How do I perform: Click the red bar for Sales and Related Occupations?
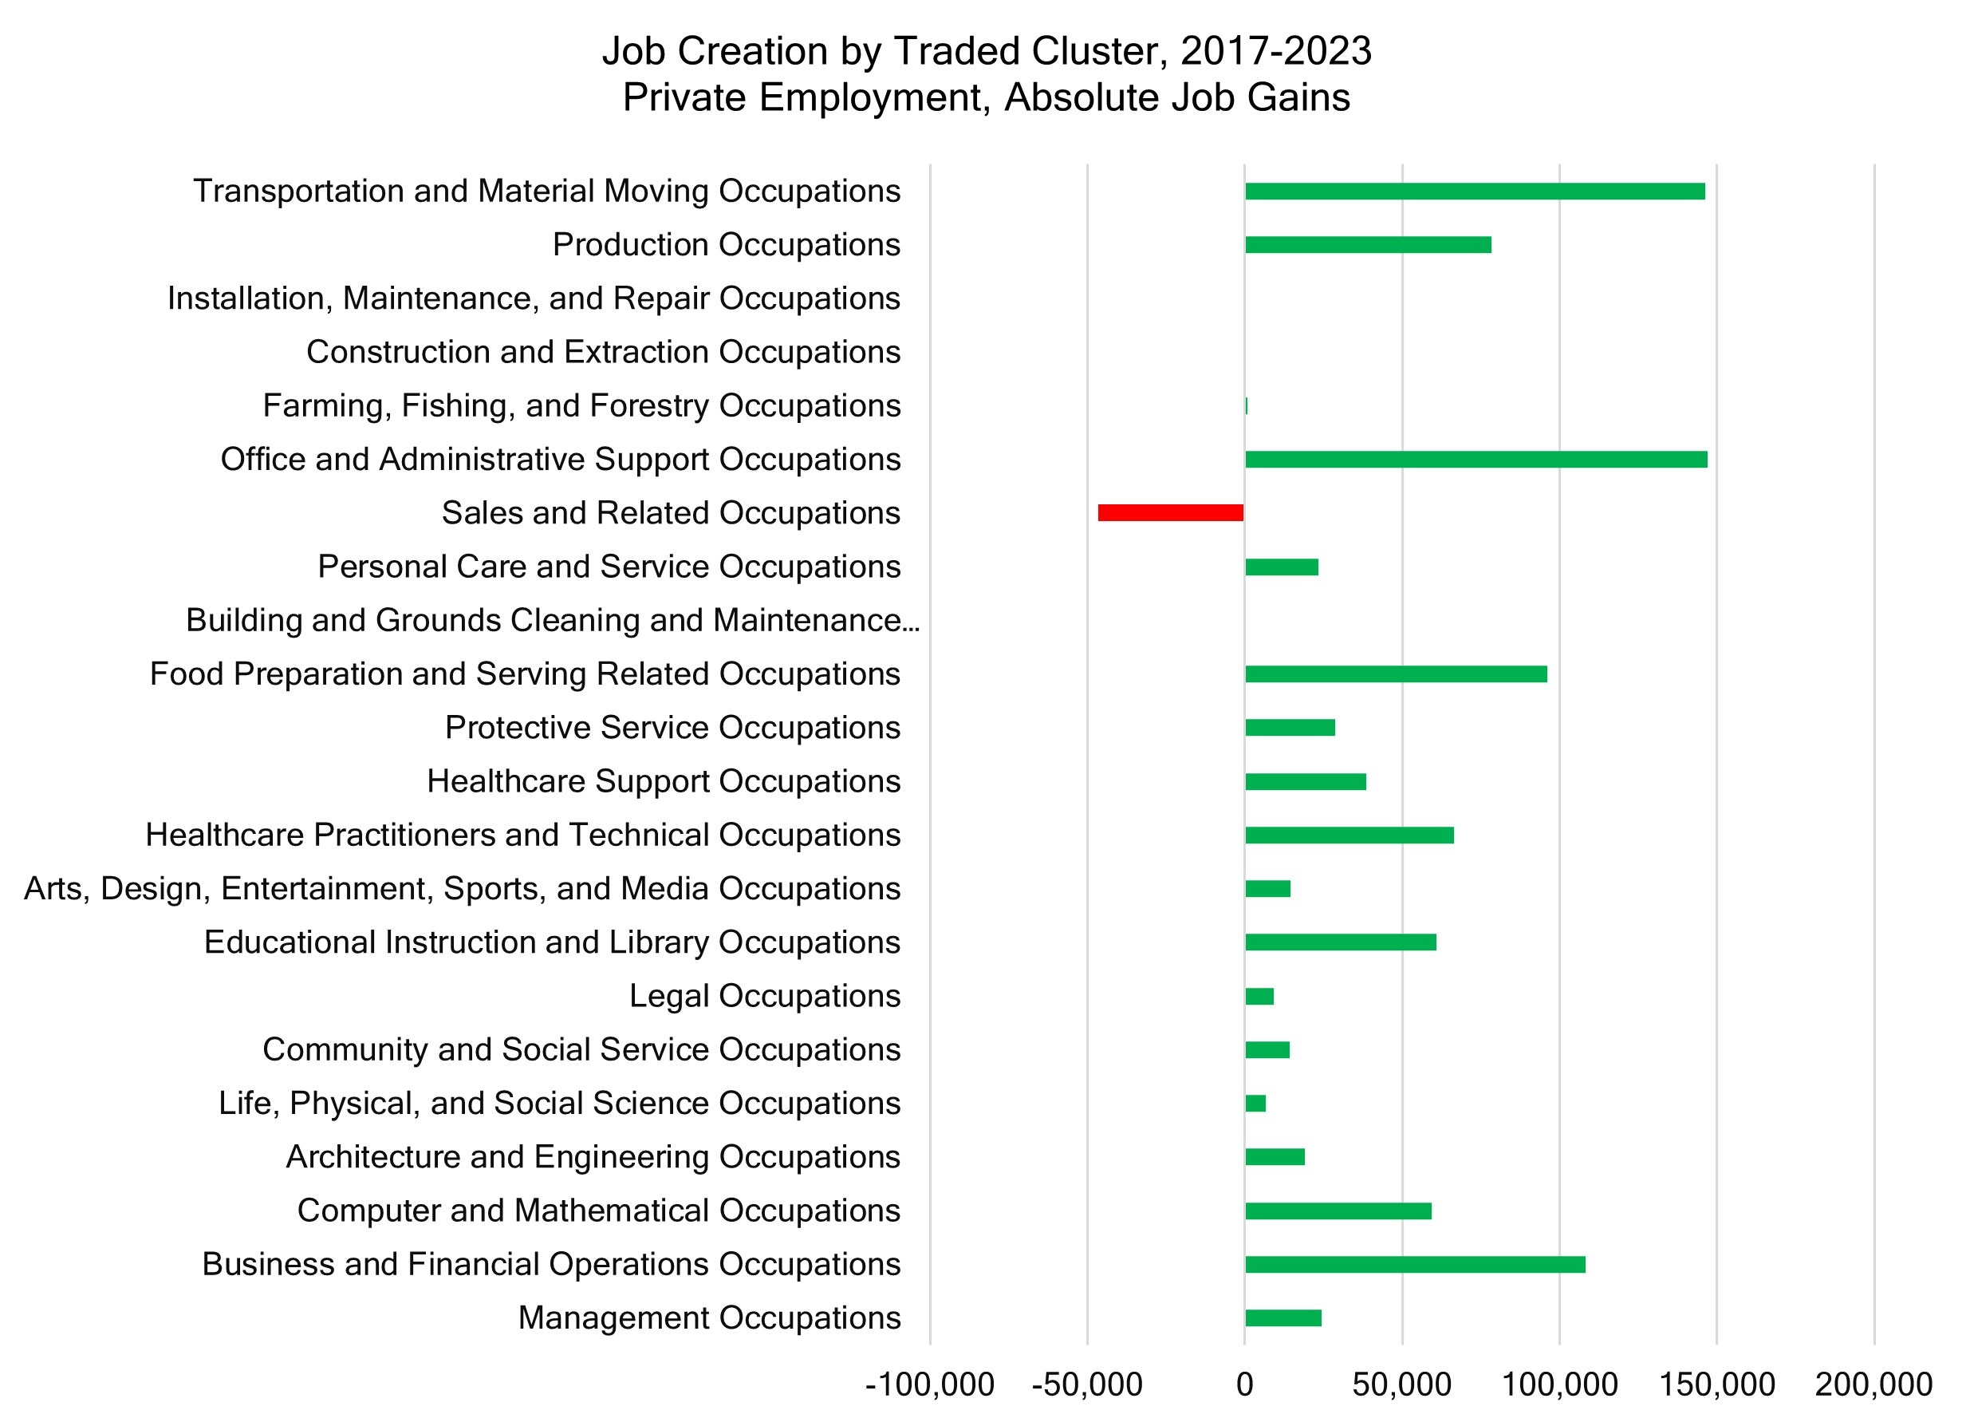[1170, 513]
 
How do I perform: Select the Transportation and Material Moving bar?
[1475, 192]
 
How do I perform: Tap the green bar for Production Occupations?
[1367, 245]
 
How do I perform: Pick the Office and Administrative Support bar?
[1476, 460]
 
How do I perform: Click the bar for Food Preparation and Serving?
[1395, 673]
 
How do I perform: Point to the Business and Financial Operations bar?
[1414, 1264]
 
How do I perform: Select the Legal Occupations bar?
[1259, 996]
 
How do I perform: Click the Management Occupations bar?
[1283, 1318]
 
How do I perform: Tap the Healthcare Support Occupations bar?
[1305, 782]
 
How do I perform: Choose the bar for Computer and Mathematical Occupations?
[1338, 1211]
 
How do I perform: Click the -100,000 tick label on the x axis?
[928, 1385]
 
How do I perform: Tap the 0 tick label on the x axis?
[1245, 1385]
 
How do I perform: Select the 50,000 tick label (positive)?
[1401, 1385]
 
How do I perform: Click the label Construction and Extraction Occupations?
[603, 352]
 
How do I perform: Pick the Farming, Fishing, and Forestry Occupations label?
[581, 405]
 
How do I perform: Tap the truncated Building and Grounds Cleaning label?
[553, 621]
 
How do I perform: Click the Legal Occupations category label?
[764, 996]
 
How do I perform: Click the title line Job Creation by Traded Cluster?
[986, 50]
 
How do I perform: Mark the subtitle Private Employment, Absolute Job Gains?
[986, 97]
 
